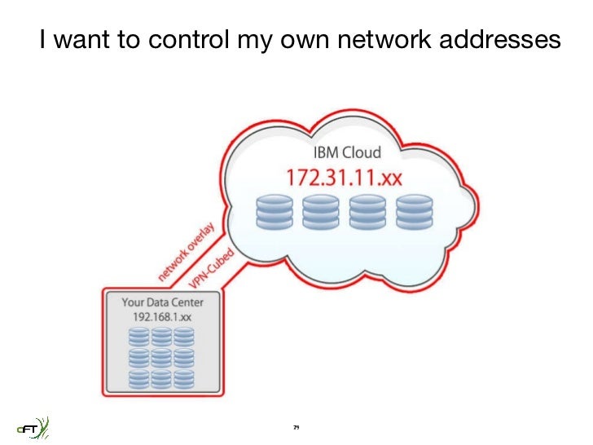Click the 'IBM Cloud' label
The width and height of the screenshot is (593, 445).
pos(347,152)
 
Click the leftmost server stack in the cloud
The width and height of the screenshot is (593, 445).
pos(274,211)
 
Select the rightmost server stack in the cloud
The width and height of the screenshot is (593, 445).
pos(414,211)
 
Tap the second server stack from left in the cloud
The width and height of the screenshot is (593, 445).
pos(320,211)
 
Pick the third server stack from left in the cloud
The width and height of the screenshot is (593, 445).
pos(367,211)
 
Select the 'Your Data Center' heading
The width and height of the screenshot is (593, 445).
pos(163,302)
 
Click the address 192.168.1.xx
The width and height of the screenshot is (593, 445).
pos(163,315)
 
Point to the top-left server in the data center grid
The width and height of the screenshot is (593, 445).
pos(139,336)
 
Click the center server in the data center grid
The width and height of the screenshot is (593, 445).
pos(162,357)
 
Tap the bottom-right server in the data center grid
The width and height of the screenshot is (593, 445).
pos(184,378)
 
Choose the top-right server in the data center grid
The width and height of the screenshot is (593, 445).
pos(184,336)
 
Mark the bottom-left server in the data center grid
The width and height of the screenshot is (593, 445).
pos(139,378)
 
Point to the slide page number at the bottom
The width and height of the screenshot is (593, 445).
pos(296,427)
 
